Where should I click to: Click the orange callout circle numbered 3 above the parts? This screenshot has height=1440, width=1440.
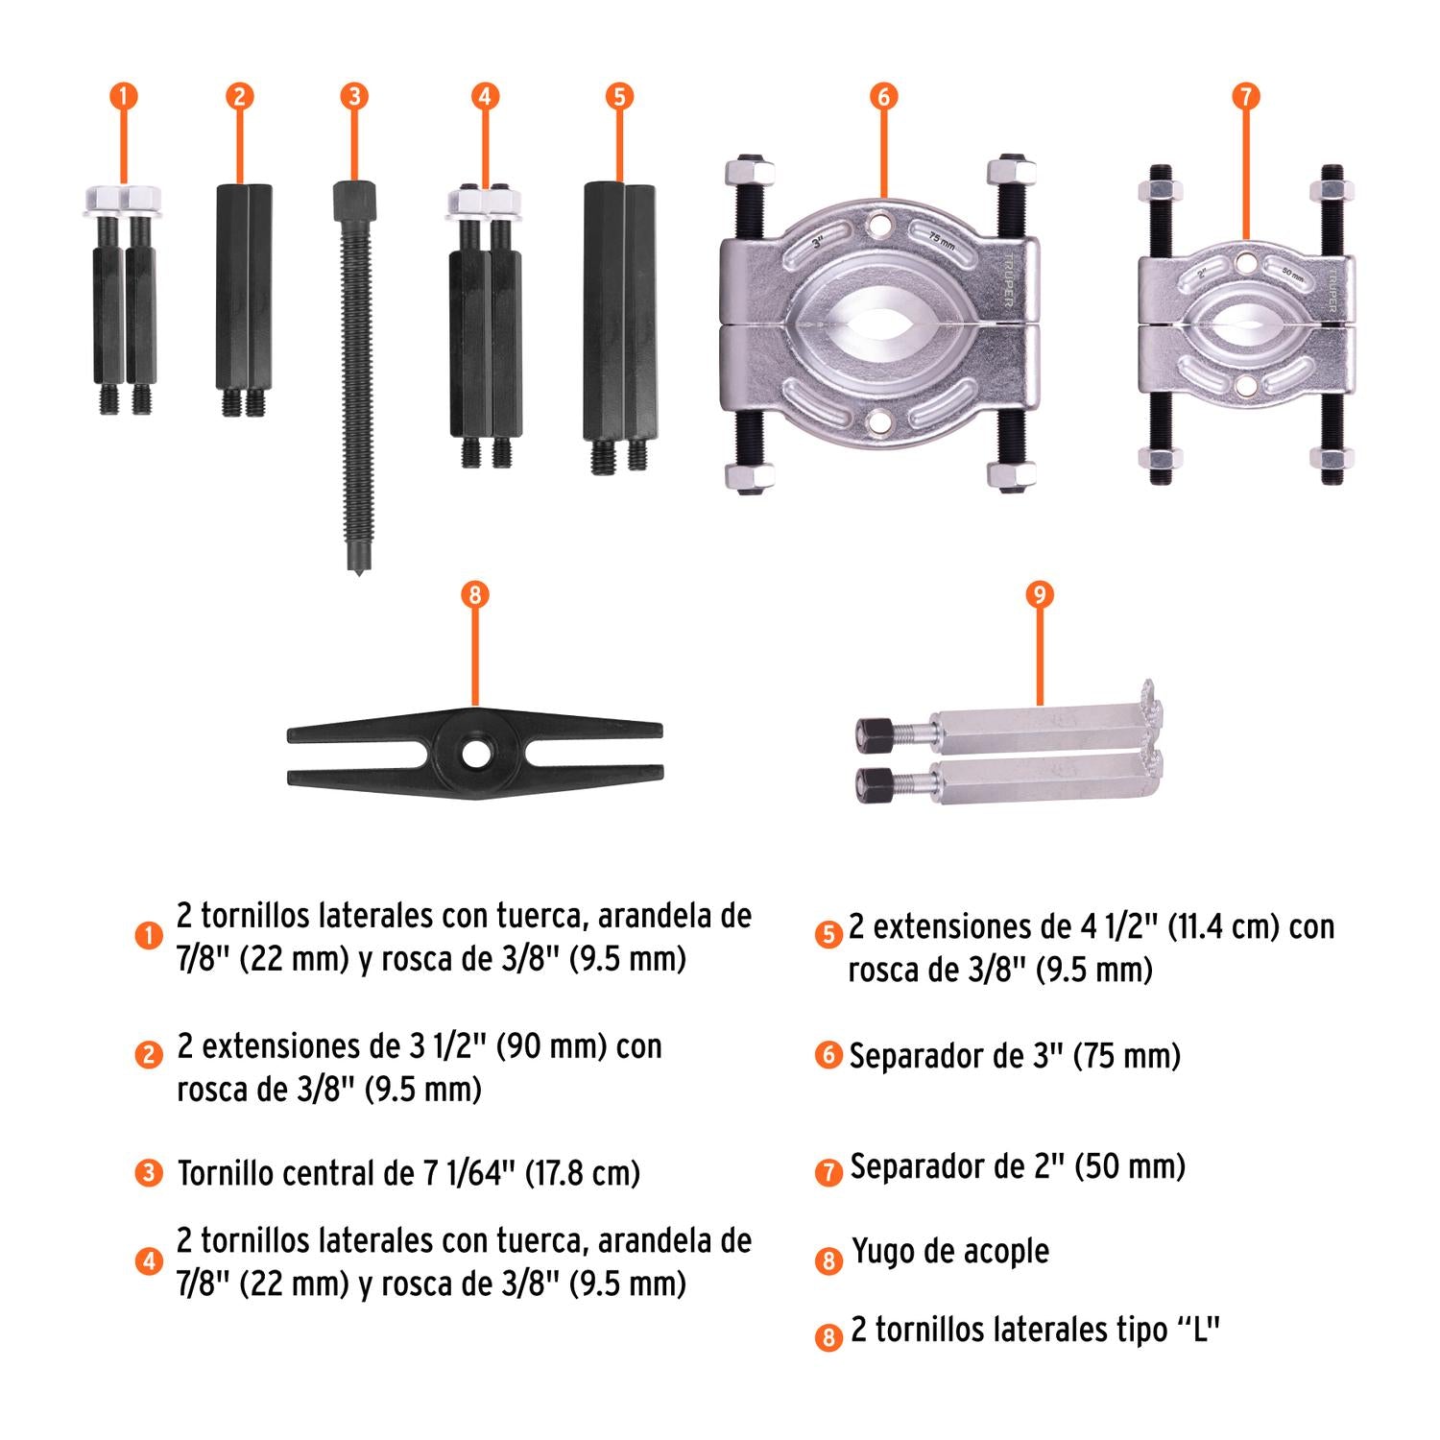pos(354,96)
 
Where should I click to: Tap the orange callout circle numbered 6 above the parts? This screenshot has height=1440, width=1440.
pos(883,96)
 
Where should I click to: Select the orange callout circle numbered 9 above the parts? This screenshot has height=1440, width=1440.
pos(1039,595)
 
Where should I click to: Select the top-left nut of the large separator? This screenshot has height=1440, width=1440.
pos(750,173)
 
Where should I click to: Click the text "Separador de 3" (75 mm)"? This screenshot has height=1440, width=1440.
pos(1015,1056)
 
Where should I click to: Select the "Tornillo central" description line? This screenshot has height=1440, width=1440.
pos(409,1172)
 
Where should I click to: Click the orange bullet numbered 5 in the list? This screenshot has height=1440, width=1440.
pos(828,933)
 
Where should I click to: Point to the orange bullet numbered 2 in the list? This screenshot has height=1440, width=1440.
pos(149,1055)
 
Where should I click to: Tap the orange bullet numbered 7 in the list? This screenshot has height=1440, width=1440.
pos(828,1171)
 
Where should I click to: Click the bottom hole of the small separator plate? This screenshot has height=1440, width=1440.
pos(1245,386)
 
